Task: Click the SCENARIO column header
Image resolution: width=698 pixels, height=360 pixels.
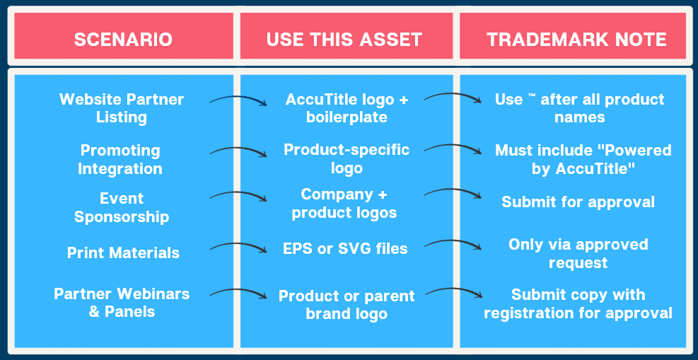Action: tap(123, 40)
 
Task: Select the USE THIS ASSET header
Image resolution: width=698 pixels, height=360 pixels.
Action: tap(344, 40)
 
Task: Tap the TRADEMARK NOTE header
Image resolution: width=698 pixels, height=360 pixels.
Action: tap(576, 40)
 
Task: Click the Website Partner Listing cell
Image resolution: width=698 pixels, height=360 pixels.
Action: tap(122, 108)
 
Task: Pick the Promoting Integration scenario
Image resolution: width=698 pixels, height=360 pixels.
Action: tap(120, 159)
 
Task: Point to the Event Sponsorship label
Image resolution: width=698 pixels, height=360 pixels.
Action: tap(122, 207)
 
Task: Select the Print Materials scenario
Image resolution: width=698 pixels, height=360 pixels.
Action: tap(123, 252)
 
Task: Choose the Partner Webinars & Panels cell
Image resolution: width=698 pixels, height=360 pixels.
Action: tap(122, 302)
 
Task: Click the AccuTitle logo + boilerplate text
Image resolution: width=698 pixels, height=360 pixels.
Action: tap(347, 108)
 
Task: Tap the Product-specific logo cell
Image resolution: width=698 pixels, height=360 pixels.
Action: tap(347, 159)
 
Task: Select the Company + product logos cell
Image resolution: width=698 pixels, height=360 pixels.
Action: tap(344, 204)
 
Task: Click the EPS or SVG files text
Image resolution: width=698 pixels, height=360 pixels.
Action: tap(345, 248)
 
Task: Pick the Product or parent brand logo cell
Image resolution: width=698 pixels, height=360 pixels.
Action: tap(347, 305)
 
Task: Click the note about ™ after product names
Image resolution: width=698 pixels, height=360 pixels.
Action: tap(580, 108)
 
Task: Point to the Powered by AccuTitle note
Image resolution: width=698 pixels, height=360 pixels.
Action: tap(583, 159)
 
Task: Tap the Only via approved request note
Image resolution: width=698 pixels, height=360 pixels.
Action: tap(578, 253)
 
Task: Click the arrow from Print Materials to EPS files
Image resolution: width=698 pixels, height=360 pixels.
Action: tap(238, 245)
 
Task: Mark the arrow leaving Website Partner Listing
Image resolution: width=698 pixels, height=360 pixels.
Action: tap(238, 98)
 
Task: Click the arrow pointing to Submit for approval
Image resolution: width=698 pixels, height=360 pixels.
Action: tap(453, 190)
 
